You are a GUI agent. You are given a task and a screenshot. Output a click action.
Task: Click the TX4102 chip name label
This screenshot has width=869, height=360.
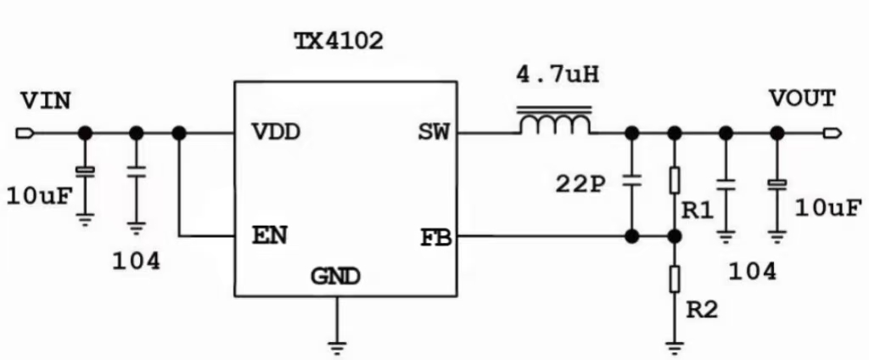point(338,42)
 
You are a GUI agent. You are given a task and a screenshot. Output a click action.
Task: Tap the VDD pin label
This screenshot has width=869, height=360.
point(279,133)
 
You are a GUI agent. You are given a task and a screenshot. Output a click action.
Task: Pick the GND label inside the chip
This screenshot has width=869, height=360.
point(335,276)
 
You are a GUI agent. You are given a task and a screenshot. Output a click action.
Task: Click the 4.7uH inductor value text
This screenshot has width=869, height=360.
point(557,75)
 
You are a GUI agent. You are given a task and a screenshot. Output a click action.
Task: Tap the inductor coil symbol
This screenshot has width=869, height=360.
point(555,123)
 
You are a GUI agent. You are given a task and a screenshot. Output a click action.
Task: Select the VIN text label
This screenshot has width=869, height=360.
point(45,101)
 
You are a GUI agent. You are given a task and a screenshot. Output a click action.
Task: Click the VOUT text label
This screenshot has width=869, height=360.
point(802,98)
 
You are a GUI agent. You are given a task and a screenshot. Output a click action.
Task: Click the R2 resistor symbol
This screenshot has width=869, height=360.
point(675,278)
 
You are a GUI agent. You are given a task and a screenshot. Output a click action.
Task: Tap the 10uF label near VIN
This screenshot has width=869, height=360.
point(38,198)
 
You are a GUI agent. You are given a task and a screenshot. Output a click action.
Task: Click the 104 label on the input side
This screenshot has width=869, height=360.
point(136,262)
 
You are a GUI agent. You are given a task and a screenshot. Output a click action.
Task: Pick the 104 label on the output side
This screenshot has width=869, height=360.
point(752,272)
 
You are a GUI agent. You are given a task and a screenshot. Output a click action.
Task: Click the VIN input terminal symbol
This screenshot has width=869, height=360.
point(24,133)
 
